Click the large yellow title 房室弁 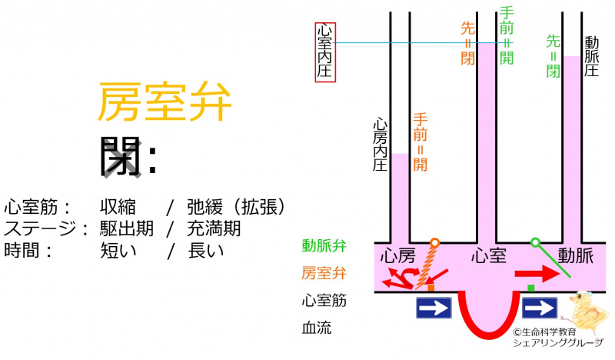[x=164, y=103]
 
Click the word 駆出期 [x=126, y=228]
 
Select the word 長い [x=205, y=249]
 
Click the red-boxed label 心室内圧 [x=325, y=51]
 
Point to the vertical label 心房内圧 [x=380, y=146]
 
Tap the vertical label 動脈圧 [x=591, y=55]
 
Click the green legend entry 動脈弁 [x=324, y=246]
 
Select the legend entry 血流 [x=317, y=328]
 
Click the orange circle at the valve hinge [x=434, y=243]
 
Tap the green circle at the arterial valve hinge [x=535, y=243]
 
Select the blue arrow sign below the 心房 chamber [x=434, y=308]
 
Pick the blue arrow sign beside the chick [x=540, y=308]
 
